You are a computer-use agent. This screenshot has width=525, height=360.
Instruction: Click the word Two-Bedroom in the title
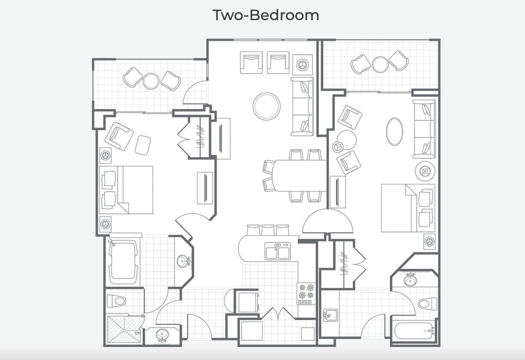pos(266,15)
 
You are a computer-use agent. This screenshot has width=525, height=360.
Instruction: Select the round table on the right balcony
pos(380,64)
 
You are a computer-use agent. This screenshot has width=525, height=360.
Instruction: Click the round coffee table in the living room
pos(266,106)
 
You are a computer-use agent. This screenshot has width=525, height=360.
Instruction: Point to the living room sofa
pos(302,106)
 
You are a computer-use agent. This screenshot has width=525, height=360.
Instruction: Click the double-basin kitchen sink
pos(277,252)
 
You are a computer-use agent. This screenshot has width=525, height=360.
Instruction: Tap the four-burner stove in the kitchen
pos(306,293)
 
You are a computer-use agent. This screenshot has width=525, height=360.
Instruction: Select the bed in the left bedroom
pos(127,190)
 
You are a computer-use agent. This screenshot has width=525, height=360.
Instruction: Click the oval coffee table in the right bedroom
pos(395,132)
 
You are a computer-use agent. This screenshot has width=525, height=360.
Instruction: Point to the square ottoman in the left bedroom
pos(143,144)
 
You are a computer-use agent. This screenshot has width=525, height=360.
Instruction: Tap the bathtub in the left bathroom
pos(124,262)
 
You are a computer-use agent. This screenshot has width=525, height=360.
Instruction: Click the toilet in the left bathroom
pos(116,300)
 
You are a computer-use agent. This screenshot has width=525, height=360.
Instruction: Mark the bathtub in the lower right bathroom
pos(414,331)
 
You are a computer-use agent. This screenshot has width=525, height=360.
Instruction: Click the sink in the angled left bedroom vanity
pos(183,261)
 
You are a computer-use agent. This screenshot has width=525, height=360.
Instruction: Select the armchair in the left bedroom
pos(119,136)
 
